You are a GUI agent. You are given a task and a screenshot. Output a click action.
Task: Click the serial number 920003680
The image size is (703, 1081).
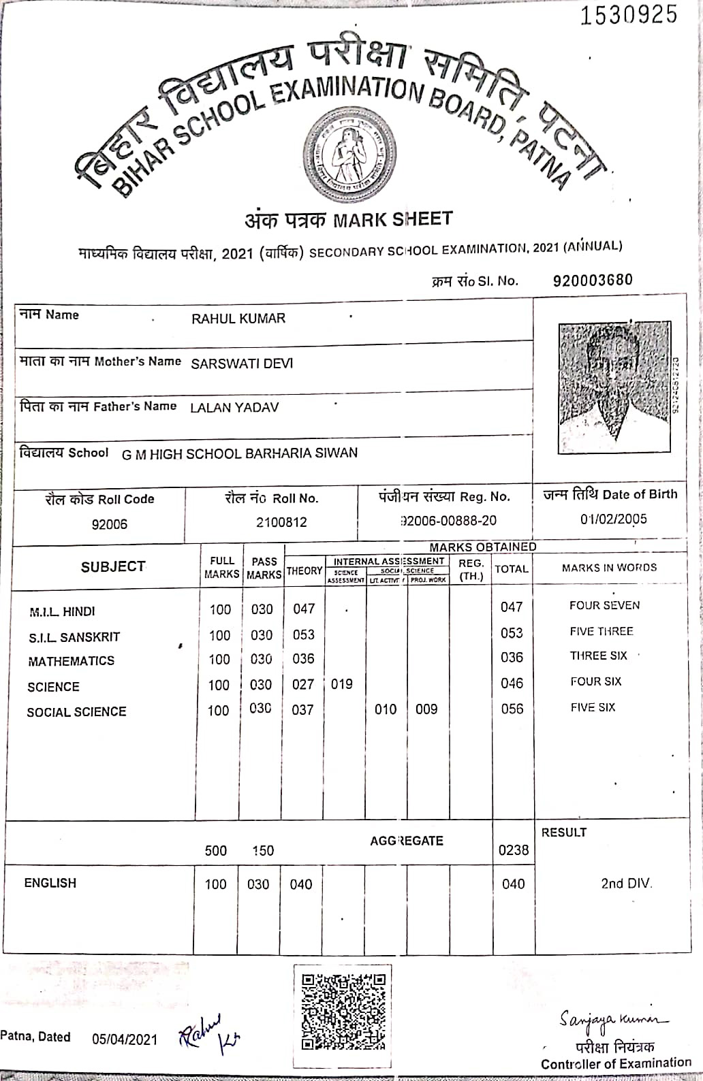pyautogui.click(x=593, y=280)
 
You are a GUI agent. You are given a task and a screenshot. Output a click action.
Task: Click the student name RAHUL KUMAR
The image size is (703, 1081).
pyautogui.click(x=238, y=319)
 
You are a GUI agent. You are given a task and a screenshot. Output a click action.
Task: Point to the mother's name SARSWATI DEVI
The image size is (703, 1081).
pyautogui.click(x=242, y=364)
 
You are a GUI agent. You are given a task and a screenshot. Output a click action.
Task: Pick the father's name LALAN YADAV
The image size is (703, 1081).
pyautogui.click(x=234, y=408)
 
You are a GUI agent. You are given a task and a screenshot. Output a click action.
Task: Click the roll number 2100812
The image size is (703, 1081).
pyautogui.click(x=281, y=522)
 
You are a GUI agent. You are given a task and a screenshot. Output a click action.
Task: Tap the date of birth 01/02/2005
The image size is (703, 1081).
pyautogui.click(x=613, y=519)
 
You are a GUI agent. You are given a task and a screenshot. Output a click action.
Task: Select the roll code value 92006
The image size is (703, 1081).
pyautogui.click(x=109, y=524)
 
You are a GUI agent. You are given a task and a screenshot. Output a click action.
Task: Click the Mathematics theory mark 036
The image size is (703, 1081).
pyautogui.click(x=303, y=659)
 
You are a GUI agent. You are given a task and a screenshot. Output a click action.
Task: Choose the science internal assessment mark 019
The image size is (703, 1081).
pyautogui.click(x=341, y=684)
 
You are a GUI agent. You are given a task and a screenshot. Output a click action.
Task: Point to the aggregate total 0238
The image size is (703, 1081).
pyautogui.click(x=513, y=850)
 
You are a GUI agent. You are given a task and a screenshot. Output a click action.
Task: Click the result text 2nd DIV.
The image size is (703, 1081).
pyautogui.click(x=626, y=883)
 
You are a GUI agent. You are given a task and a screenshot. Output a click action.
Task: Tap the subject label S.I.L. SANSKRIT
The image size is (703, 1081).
pyautogui.click(x=74, y=637)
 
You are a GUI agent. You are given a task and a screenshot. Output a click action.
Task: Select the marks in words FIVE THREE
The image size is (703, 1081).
pyautogui.click(x=602, y=631)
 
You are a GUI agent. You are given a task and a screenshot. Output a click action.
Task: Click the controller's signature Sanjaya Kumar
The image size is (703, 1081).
pyautogui.click(x=614, y=1019)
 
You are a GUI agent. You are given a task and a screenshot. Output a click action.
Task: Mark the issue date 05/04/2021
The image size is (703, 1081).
pyautogui.click(x=124, y=1039)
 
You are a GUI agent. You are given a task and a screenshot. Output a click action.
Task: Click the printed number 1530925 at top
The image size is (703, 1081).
pyautogui.click(x=628, y=15)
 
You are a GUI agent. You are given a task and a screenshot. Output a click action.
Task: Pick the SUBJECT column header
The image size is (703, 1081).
pyautogui.click(x=113, y=566)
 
